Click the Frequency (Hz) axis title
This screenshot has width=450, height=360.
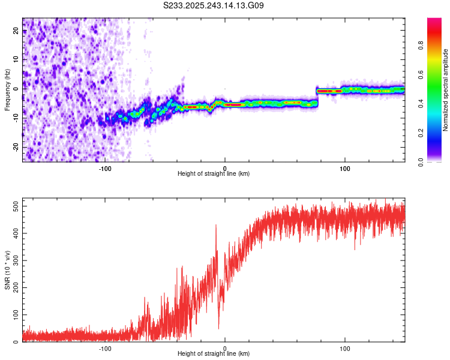(x=7, y=89)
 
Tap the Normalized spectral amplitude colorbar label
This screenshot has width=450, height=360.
(x=445, y=90)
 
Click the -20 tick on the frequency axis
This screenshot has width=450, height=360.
(x=17, y=147)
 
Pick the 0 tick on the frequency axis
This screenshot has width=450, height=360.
(x=17, y=89)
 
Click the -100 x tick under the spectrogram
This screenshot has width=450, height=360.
(x=105, y=168)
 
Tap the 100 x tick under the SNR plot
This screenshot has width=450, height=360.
(x=345, y=348)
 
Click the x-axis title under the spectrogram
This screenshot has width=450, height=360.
(x=214, y=174)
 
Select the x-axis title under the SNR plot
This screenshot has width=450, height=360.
(x=214, y=354)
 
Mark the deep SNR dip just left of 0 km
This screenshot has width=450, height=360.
(x=218, y=328)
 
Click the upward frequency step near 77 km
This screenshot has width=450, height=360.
(x=317, y=96)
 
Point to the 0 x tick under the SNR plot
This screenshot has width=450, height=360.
(x=225, y=348)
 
